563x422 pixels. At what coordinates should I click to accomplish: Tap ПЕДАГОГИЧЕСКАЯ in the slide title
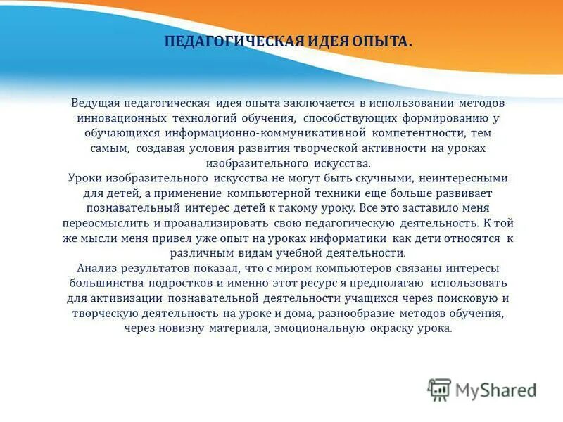232,43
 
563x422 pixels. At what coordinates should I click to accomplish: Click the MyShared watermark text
495,389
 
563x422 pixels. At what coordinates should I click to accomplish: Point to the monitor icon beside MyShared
439,389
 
